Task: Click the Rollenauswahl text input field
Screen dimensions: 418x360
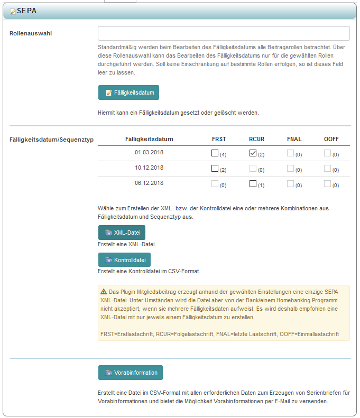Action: (x=224, y=33)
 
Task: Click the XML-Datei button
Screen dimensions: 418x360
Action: (x=122, y=233)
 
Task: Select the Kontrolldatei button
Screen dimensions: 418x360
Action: (x=124, y=260)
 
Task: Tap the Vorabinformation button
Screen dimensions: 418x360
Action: (x=130, y=373)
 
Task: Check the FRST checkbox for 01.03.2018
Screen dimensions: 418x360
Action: (x=215, y=153)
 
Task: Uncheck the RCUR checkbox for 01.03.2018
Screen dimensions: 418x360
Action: (x=253, y=153)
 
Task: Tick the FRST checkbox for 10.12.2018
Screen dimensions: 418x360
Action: (x=215, y=169)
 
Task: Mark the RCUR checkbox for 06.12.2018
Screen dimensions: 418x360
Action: (x=253, y=184)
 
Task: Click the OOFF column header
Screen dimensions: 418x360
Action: (x=331, y=139)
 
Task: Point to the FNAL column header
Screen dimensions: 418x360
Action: (x=294, y=139)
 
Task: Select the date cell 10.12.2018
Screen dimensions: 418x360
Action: (x=149, y=168)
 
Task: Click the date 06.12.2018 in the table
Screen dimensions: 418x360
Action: (x=149, y=183)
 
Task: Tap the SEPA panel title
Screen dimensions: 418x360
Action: (x=27, y=11)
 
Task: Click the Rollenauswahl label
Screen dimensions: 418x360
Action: (x=34, y=33)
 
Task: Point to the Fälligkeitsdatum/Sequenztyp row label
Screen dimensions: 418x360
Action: (x=52, y=140)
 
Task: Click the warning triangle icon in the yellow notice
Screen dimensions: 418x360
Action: (x=104, y=291)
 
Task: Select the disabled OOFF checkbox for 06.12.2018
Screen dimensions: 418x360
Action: (x=328, y=184)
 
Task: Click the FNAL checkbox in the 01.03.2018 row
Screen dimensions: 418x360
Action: (x=290, y=153)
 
